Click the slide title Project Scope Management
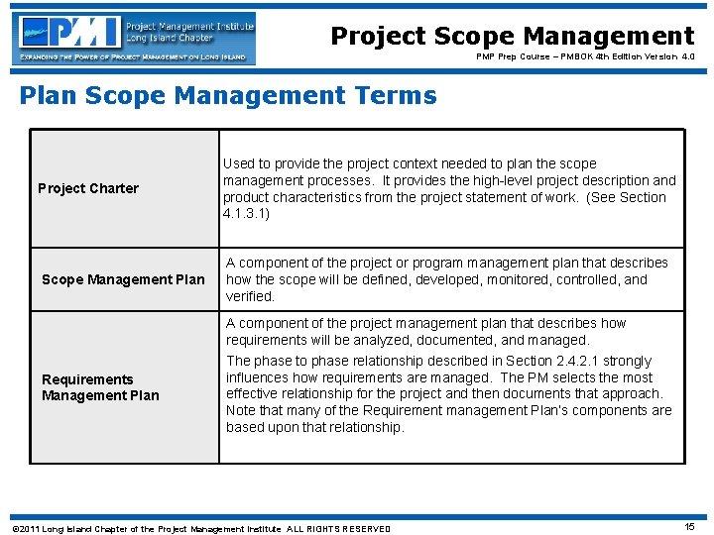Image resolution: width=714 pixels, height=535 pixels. coord(512,37)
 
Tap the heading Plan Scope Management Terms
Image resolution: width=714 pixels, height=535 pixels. coord(228,96)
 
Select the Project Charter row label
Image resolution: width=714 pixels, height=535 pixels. coord(88,188)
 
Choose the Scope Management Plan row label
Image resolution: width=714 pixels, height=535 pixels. coord(123,279)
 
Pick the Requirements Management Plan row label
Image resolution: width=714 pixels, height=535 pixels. coord(99,387)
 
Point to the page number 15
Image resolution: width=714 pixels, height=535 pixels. coord(690,527)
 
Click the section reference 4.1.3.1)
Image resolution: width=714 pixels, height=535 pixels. coord(246,214)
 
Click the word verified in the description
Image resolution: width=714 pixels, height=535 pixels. coord(250,296)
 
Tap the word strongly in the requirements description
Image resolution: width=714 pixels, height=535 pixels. coord(627,361)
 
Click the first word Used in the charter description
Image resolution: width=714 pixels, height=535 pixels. coord(238,163)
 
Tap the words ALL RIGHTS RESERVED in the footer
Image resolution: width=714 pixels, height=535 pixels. coord(338,529)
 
